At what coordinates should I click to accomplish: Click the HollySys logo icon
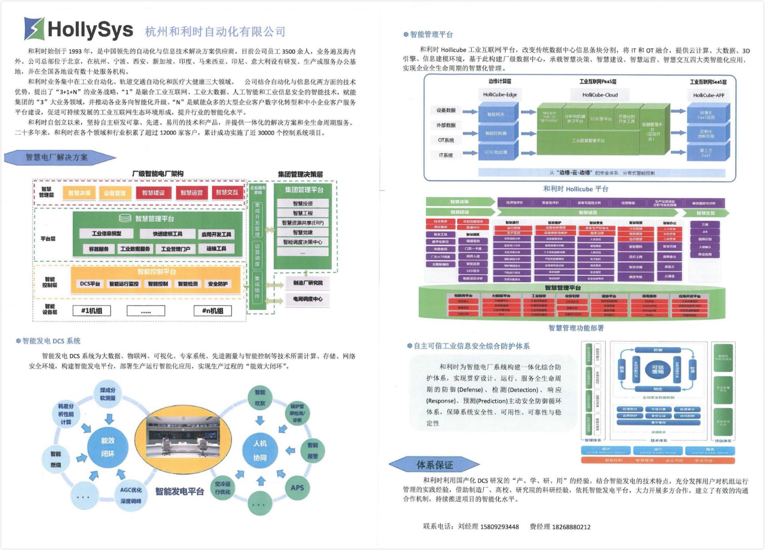[34, 28]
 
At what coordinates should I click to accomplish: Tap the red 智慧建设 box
[153, 193]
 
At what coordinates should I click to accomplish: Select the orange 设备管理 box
[114, 193]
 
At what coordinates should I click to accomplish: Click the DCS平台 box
[90, 284]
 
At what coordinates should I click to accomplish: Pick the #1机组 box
[92, 311]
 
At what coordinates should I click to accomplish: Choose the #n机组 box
[212, 311]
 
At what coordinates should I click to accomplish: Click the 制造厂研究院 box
[308, 283]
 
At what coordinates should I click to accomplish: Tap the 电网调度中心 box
[308, 299]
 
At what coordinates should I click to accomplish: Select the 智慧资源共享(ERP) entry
[303, 223]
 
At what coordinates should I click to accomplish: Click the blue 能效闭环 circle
[108, 447]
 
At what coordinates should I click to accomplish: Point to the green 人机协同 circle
[260, 450]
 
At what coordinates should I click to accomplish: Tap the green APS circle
[297, 487]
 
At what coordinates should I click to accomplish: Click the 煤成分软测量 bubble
[108, 394]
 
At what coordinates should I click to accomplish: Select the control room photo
[183, 437]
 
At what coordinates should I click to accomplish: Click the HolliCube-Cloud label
[600, 95]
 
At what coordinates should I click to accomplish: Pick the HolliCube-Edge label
[500, 95]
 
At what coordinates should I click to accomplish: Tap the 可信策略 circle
[658, 369]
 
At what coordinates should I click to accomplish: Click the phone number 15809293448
[499, 527]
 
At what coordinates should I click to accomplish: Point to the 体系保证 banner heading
[434, 465]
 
